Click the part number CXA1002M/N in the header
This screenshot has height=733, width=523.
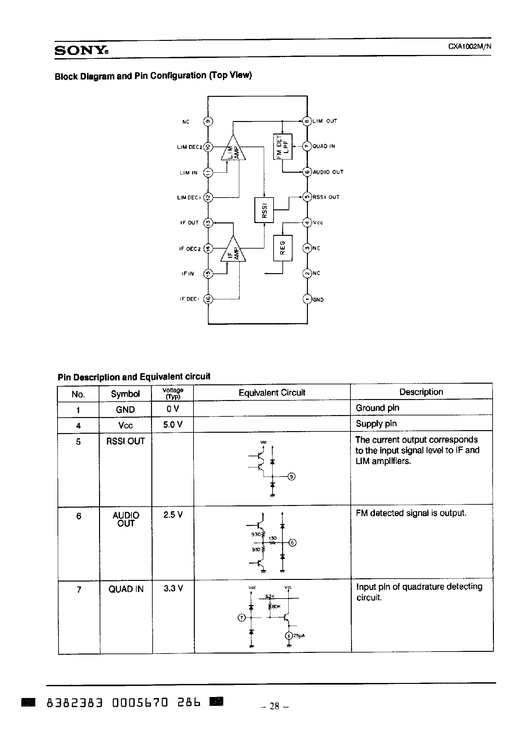[469, 46]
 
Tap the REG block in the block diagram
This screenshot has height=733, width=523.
[283, 248]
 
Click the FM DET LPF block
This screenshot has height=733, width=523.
[283, 147]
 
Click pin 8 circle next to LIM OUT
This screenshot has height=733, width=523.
[307, 121]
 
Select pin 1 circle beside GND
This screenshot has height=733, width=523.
[307, 299]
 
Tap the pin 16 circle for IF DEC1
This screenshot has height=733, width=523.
[208, 299]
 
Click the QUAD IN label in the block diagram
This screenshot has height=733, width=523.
[324, 146]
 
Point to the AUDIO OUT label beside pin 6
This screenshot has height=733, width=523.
[328, 172]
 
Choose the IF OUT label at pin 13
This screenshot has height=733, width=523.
[189, 223]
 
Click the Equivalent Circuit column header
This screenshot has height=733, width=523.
[272, 393]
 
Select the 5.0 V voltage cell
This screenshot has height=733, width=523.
[173, 425]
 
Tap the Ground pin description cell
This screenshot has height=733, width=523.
[378, 408]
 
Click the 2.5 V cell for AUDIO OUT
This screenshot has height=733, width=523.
[173, 515]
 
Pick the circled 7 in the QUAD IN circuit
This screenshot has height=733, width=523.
[242, 618]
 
